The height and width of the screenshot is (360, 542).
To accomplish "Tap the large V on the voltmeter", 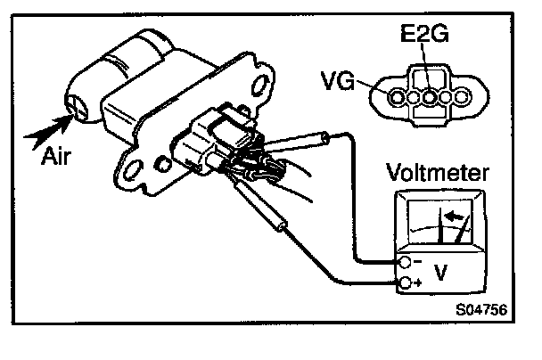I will tap(440, 272).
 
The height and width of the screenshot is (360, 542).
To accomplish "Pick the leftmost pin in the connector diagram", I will tap(395, 94).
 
